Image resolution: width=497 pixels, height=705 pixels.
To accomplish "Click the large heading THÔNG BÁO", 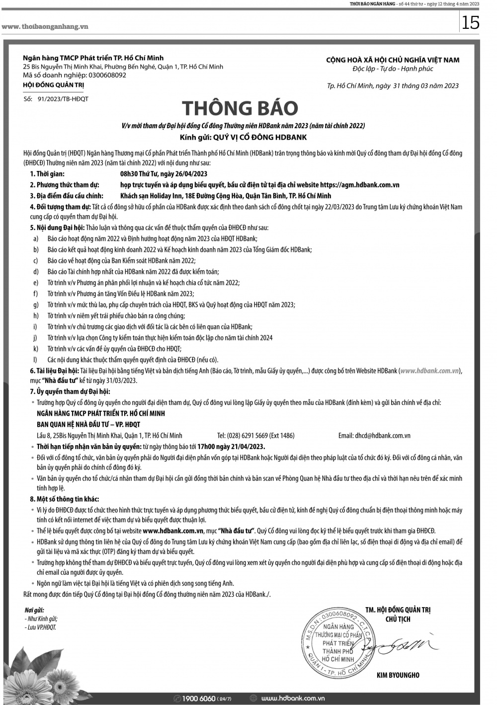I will tap(240, 108).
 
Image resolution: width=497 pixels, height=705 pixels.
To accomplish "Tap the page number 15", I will tap(470, 23).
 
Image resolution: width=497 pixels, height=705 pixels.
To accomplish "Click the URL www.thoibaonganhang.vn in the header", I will tap(45, 26).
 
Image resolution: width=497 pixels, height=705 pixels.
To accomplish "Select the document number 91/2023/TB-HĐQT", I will tap(63, 99).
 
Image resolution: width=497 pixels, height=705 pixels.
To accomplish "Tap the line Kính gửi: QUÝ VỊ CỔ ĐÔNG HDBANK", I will tap(243, 137).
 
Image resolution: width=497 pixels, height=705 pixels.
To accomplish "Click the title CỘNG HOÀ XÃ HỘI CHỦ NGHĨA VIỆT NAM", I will tap(393, 60).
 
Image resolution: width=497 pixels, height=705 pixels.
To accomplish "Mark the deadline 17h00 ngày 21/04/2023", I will tap(232, 447).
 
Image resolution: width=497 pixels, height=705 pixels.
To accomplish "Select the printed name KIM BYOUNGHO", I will tap(398, 675).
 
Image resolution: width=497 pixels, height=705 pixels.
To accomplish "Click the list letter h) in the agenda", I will tap(36, 316).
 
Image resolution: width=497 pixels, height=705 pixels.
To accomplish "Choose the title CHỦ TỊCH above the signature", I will tap(398, 620).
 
